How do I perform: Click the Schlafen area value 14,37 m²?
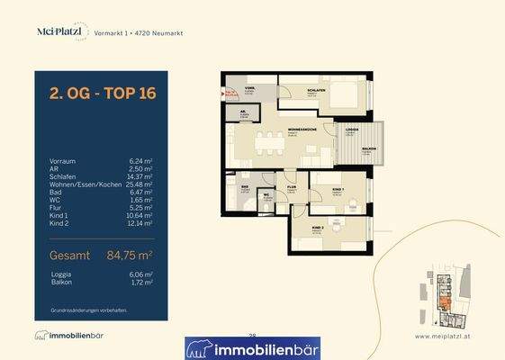pyautogui.click(x=141, y=176)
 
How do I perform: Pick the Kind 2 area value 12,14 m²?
pyautogui.click(x=141, y=222)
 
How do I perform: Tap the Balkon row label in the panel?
pyautogui.click(x=62, y=282)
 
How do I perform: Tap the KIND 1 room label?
pyautogui.click(x=338, y=189)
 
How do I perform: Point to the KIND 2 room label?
pyautogui.click(x=318, y=229)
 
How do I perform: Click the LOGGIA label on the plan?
pyautogui.click(x=351, y=130)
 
